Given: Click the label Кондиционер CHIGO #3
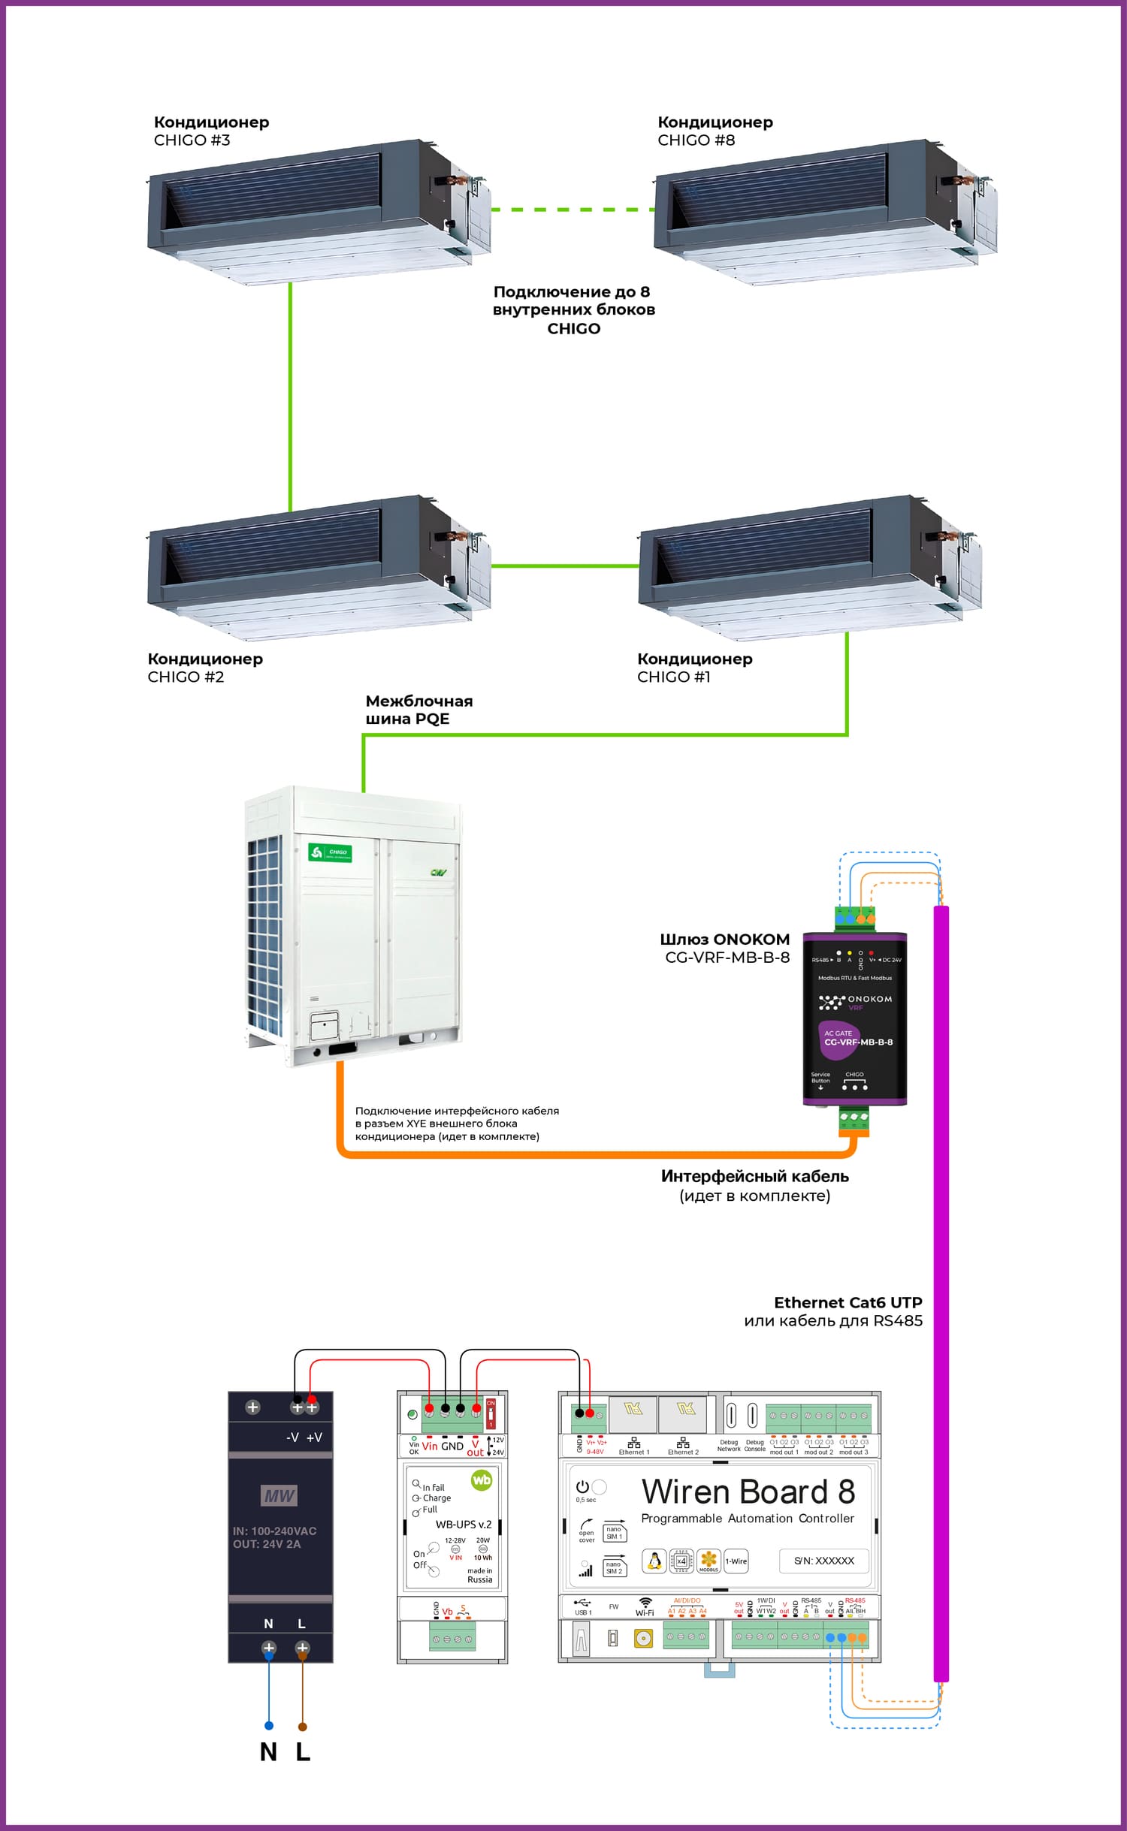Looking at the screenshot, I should tap(210, 131).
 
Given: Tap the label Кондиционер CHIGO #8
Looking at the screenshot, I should tap(715, 131).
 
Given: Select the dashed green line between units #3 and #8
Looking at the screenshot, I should tap(573, 210).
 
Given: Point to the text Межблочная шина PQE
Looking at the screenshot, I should tap(418, 710).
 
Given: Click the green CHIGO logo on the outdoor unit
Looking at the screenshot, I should tap(331, 852).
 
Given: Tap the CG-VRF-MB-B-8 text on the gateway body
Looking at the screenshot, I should tap(858, 1042).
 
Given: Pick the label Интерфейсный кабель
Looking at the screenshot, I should tap(754, 1176).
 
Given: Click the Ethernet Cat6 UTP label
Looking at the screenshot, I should tap(848, 1303).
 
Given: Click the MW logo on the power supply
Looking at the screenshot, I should tap(279, 1496).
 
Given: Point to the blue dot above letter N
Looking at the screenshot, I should tap(269, 1725).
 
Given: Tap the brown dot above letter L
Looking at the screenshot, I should tap(303, 1726).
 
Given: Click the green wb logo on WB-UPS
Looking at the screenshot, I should tap(481, 1480).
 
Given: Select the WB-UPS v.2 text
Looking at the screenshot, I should tap(463, 1525).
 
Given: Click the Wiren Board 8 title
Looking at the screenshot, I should tap(748, 1492).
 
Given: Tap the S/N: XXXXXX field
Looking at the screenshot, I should tap(823, 1561).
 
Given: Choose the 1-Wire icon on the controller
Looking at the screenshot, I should tap(736, 1561).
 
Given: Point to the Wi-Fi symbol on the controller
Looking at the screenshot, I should tap(645, 1603).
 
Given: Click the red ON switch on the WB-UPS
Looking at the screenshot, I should tap(491, 1413).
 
